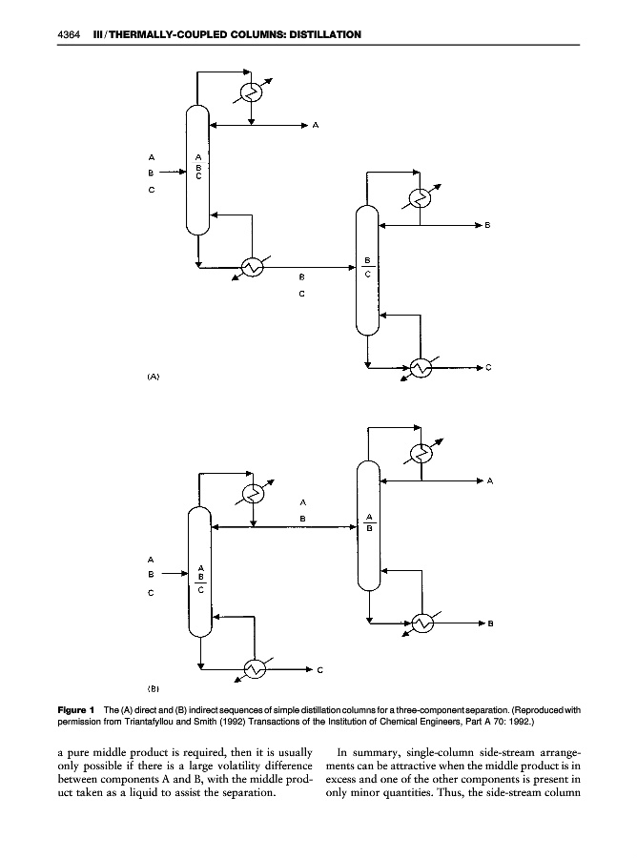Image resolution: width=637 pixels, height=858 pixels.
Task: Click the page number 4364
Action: (69, 34)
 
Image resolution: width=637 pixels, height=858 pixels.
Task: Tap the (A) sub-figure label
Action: (154, 377)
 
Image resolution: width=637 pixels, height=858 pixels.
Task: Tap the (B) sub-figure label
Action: (154, 688)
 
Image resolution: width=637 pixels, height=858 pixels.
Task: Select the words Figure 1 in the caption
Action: (76, 709)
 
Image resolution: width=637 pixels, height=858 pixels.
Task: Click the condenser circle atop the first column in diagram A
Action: (252, 92)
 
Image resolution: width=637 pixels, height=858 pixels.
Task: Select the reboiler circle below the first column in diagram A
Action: (253, 267)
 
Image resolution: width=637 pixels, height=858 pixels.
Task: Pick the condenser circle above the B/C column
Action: (421, 198)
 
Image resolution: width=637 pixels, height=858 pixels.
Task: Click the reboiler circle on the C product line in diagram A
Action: (421, 368)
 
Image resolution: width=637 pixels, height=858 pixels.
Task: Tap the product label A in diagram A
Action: (316, 125)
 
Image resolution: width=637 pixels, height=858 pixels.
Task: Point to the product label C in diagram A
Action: (488, 368)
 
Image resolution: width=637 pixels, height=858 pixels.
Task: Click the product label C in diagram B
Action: (320, 670)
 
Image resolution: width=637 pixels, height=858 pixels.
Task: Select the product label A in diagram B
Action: (490, 481)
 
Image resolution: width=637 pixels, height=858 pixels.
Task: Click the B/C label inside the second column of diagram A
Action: (368, 267)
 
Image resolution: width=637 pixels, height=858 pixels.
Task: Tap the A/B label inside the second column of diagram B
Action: (369, 522)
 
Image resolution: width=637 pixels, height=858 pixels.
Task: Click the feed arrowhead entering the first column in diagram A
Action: (183, 172)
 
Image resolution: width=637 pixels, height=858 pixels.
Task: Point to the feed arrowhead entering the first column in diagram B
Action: (184, 574)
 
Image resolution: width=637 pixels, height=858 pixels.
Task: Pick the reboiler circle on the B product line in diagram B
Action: (422, 623)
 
